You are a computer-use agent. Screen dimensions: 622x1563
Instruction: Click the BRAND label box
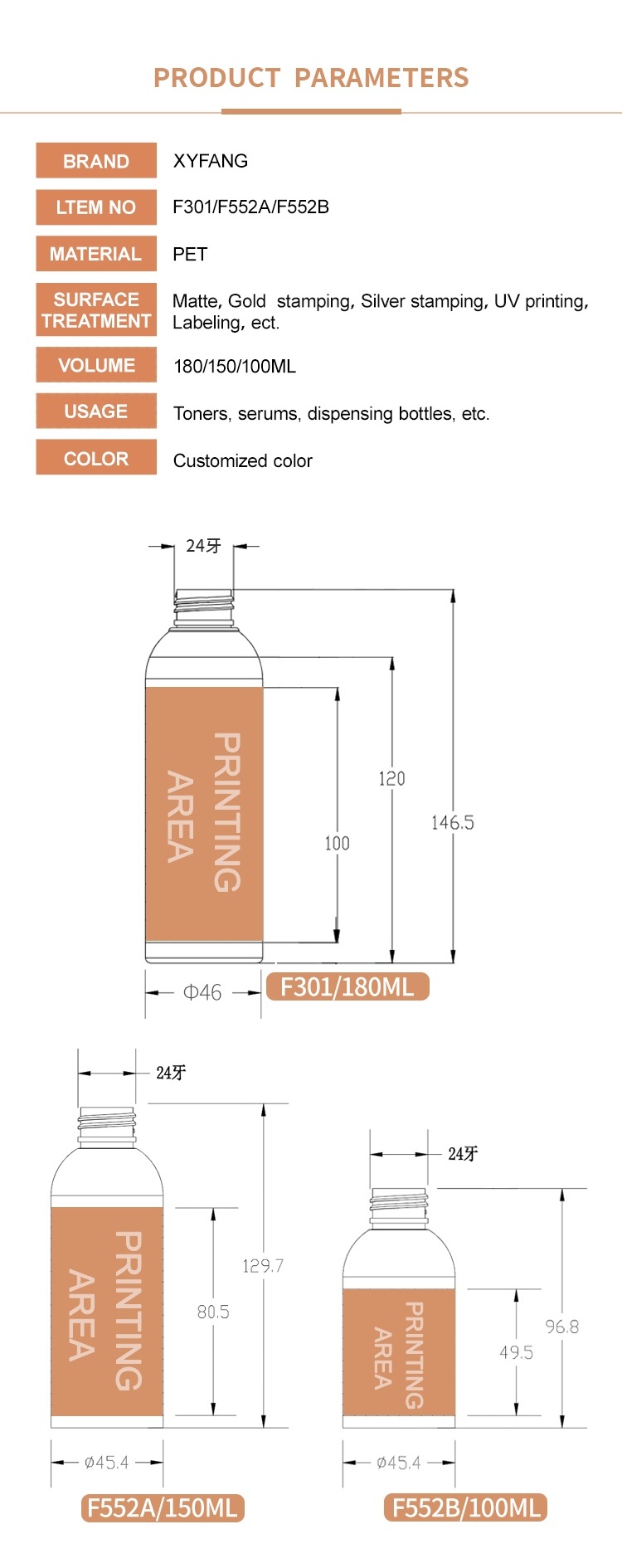(x=96, y=160)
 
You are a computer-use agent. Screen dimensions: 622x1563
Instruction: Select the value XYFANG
(x=211, y=161)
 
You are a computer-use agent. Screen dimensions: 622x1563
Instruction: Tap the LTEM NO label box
(x=96, y=207)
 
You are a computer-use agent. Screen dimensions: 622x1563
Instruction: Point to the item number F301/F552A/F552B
(x=250, y=207)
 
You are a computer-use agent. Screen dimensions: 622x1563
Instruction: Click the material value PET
(x=190, y=254)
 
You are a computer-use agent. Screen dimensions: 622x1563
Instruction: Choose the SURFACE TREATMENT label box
(x=96, y=310)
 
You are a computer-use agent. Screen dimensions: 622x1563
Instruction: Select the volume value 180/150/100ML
(x=235, y=367)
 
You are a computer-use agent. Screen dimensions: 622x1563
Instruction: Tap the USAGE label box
(x=96, y=411)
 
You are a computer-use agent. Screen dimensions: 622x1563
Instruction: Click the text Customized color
(x=243, y=460)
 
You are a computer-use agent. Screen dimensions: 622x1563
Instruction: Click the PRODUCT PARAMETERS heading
(x=311, y=78)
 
